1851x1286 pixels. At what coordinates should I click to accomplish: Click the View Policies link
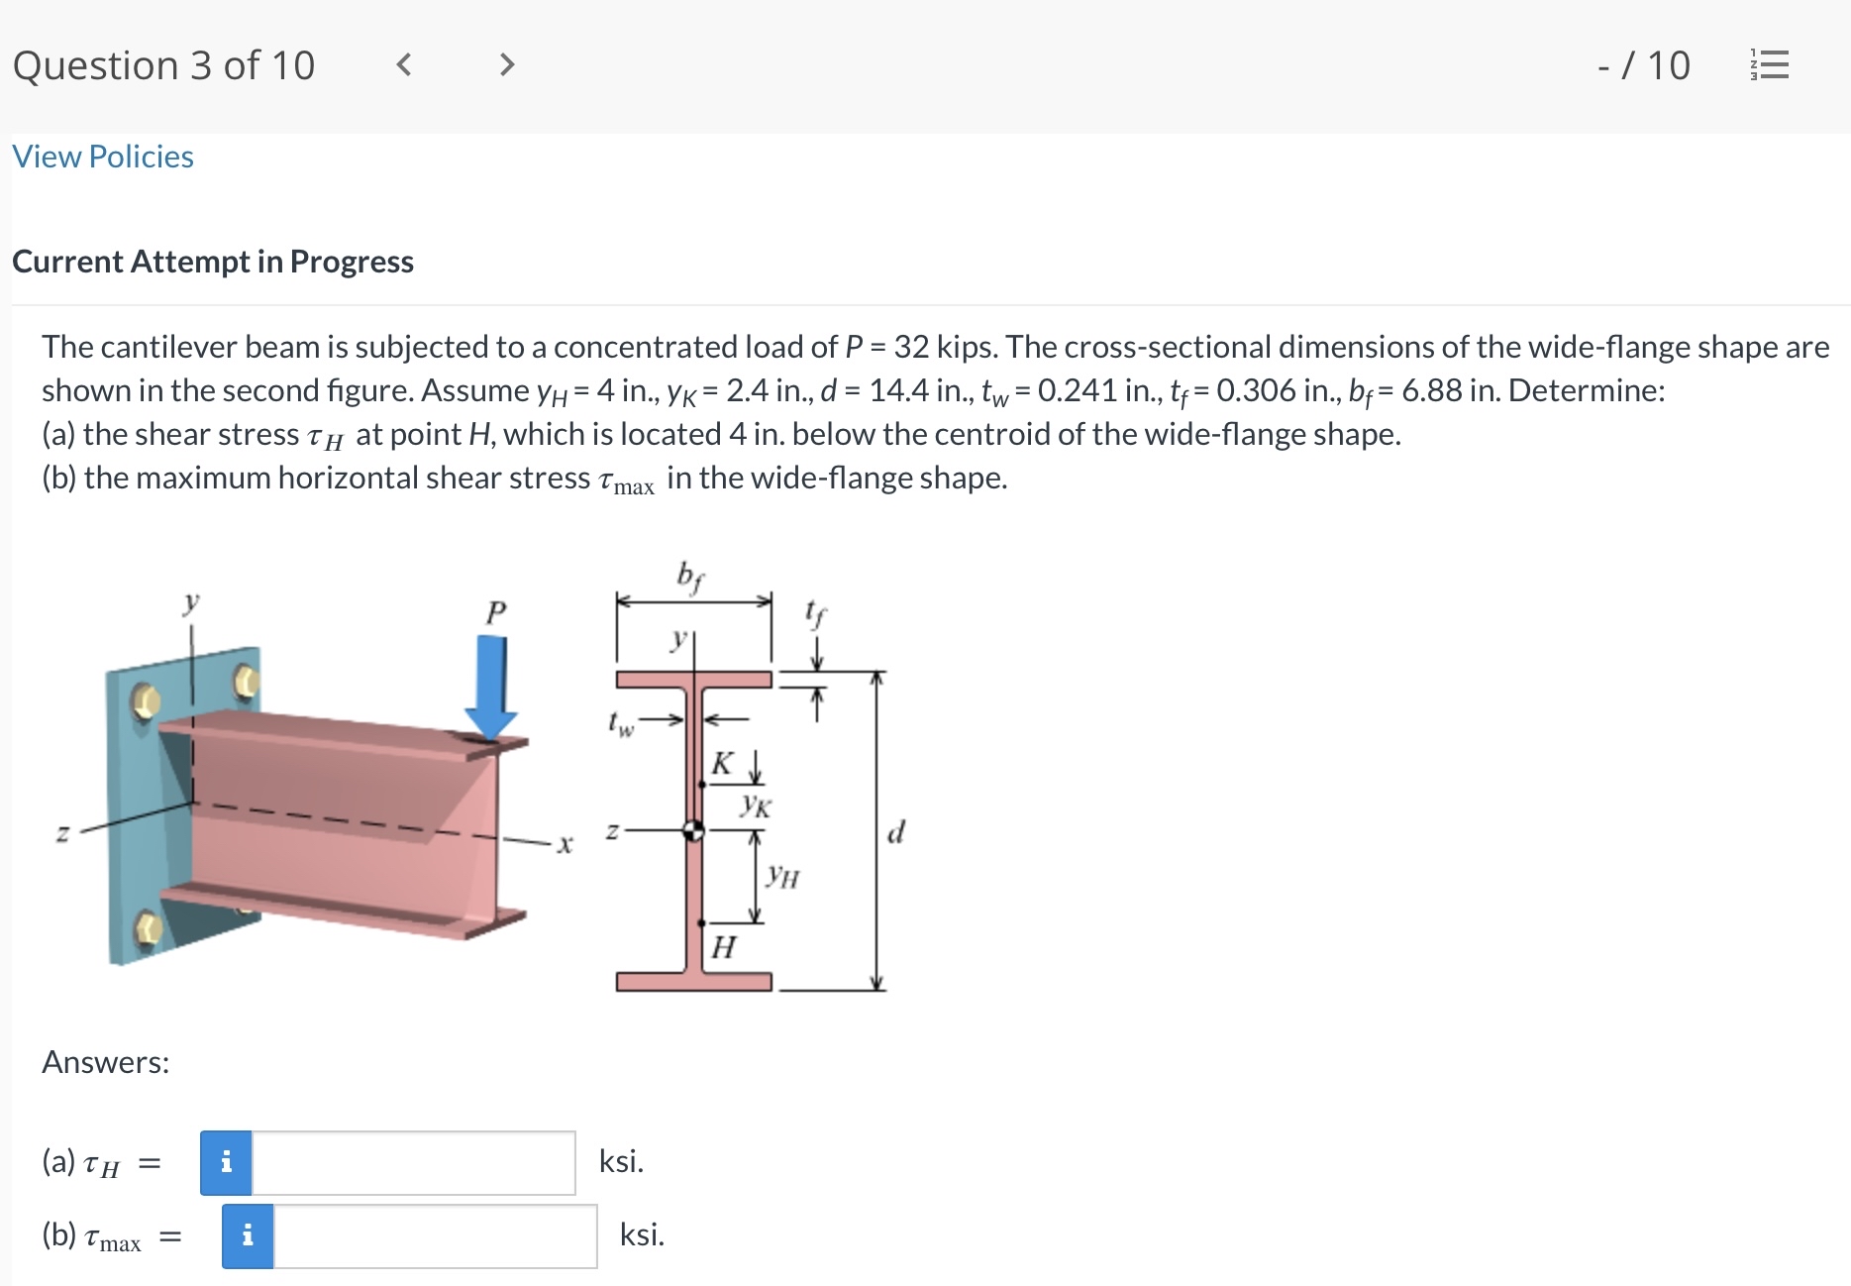(103, 157)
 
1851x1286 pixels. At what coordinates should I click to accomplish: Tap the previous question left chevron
(403, 65)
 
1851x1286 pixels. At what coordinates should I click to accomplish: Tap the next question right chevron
(506, 65)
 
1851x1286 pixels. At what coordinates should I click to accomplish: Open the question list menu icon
(1770, 65)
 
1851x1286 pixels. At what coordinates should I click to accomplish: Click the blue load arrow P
(490, 688)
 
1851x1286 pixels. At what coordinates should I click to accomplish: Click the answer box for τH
(414, 1162)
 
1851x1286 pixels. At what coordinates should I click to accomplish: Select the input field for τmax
(436, 1235)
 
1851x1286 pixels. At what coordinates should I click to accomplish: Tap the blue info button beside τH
(227, 1162)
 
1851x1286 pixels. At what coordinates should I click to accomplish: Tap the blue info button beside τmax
(248, 1235)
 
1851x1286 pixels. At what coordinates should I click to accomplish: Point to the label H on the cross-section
(724, 947)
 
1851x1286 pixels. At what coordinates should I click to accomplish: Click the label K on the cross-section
(723, 763)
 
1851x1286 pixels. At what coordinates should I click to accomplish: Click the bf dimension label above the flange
(690, 576)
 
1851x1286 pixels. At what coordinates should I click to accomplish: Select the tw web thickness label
(621, 724)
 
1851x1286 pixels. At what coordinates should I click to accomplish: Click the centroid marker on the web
(694, 830)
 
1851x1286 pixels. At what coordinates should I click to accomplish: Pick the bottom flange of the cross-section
(694, 982)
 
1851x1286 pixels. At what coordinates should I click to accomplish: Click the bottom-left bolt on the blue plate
(148, 929)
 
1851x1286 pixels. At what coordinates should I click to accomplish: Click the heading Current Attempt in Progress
(213, 262)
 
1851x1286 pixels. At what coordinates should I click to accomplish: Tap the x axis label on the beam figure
(565, 844)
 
